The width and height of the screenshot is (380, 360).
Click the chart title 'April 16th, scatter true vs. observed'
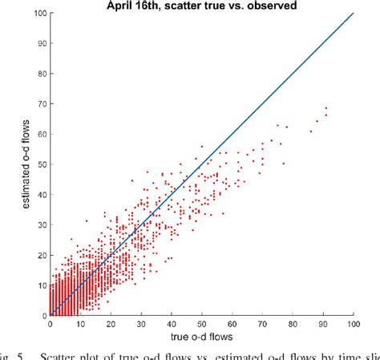(x=201, y=6)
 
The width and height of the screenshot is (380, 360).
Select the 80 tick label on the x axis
(x=293, y=324)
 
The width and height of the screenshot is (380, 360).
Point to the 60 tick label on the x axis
(x=232, y=324)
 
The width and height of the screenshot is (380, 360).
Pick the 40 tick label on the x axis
(x=172, y=324)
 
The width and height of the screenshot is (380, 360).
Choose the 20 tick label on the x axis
(x=111, y=324)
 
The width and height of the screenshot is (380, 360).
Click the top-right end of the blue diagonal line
(x=353, y=13)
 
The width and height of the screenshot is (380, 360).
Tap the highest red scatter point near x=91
(x=326, y=108)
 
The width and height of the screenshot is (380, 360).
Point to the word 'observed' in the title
(x=267, y=6)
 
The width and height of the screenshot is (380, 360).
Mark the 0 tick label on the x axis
(x=51, y=324)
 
